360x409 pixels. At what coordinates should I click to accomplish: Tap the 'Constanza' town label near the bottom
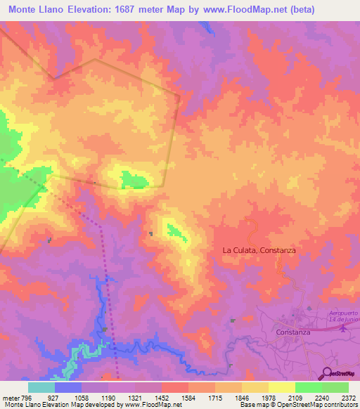pyautogui.click(x=295, y=330)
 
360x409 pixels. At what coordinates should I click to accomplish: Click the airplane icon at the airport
pyautogui.click(x=343, y=327)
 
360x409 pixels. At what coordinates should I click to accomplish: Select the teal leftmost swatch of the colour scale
pyautogui.click(x=41, y=387)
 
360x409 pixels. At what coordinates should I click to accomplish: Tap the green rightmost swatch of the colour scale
pyautogui.click(x=335, y=387)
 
